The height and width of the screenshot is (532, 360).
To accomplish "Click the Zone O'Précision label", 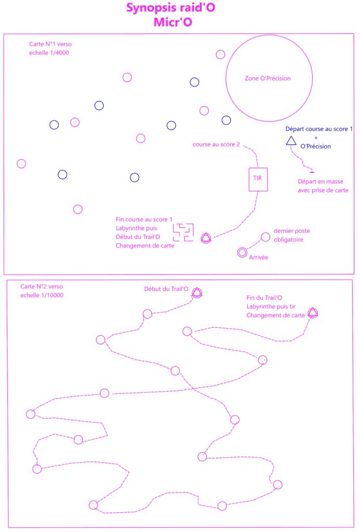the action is tap(268, 78).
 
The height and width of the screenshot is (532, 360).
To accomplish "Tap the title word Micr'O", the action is tap(173, 22).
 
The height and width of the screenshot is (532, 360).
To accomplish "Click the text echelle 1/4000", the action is tap(49, 53).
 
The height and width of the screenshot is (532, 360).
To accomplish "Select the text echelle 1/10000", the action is tap(42, 295).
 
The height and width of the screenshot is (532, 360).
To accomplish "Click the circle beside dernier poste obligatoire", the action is tap(265, 233).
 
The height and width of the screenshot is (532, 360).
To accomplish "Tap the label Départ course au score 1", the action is tap(319, 129).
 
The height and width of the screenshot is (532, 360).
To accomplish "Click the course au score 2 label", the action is tap(216, 144).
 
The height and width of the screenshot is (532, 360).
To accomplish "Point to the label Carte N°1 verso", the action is tap(50, 44).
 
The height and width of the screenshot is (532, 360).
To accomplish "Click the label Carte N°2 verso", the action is tap(42, 287).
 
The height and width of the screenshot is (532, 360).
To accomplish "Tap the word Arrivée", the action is tap(259, 258).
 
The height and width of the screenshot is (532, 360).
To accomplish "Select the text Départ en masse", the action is tap(321, 182).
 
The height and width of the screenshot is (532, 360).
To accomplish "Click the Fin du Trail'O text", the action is tap(264, 298).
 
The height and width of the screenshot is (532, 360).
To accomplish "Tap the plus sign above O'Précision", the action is tap(316, 138).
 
